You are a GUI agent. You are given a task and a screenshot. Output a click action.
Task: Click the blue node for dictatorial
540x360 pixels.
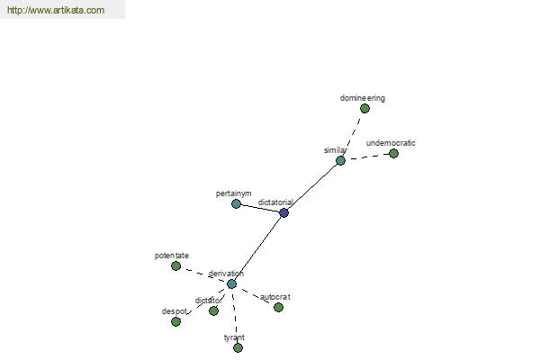[283, 213]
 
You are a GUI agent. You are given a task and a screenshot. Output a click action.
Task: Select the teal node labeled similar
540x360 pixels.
[340, 160]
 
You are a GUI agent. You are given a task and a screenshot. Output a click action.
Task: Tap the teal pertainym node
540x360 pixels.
[236, 204]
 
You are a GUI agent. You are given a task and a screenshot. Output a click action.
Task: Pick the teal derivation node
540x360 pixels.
[231, 283]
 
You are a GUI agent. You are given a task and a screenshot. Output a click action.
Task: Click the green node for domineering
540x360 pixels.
[364, 109]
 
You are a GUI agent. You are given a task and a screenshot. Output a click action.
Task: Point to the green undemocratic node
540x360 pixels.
[393, 154]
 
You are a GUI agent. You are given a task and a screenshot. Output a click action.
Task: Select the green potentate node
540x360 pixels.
[176, 266]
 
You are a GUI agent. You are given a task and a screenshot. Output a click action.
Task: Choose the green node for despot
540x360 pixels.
[175, 322]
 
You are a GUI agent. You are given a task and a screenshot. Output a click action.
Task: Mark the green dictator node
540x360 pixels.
[213, 311]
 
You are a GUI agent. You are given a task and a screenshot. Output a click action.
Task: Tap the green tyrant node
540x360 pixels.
[238, 348]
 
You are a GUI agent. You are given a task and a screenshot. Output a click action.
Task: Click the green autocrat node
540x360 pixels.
[278, 307]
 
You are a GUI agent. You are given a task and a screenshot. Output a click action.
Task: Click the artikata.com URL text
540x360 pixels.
[56, 10]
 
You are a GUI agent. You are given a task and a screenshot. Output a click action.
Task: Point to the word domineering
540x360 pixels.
[363, 98]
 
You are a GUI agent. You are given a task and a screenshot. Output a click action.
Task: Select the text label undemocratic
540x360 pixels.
[391, 143]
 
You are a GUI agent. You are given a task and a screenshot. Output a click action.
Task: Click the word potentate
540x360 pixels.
[172, 256]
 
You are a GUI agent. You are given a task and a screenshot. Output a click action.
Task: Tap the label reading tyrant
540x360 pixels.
[234, 337]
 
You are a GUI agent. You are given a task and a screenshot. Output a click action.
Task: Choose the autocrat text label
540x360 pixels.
[275, 297]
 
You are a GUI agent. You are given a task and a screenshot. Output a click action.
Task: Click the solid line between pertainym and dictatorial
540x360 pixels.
[260, 209]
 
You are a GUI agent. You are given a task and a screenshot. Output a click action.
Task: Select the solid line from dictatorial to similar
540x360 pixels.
[312, 186]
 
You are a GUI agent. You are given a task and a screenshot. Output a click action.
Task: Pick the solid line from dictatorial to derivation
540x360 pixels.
[257, 248]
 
